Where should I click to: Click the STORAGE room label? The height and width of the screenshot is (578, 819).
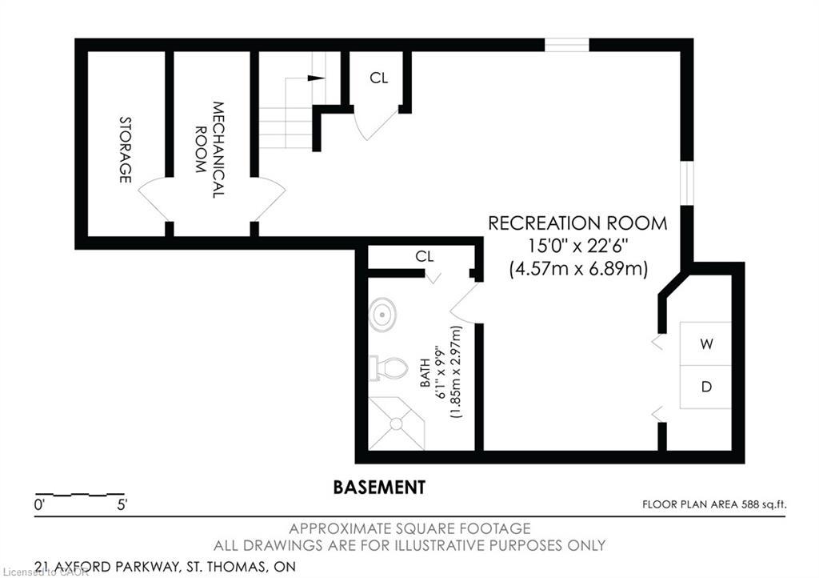click(125, 150)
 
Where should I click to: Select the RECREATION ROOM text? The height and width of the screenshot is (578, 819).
click(577, 223)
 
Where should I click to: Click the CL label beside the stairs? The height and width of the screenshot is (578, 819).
click(378, 78)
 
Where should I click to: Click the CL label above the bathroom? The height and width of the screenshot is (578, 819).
click(424, 256)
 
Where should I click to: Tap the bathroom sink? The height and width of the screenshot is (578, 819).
click(383, 315)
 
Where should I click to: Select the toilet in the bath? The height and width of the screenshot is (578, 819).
click(388, 368)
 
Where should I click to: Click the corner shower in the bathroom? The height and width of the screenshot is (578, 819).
click(397, 423)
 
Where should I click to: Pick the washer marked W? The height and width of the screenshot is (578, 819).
click(705, 344)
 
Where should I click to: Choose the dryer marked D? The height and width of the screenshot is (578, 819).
click(705, 387)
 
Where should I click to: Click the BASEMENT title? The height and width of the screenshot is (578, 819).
click(379, 487)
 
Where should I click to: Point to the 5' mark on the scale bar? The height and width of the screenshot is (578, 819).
click(122, 505)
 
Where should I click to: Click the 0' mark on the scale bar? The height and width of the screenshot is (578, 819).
click(40, 505)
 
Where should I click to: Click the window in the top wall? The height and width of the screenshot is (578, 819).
click(566, 45)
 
